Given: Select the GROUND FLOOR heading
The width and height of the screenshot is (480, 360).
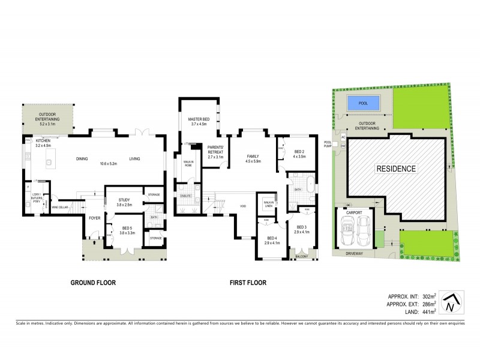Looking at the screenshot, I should click(93, 283).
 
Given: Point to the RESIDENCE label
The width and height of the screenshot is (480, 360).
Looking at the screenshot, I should click(396, 169).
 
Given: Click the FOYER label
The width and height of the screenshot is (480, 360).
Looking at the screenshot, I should click(94, 218).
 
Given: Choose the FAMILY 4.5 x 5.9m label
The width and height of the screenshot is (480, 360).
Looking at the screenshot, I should click(253, 158).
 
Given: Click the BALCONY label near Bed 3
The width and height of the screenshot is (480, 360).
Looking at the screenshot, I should click(301, 257).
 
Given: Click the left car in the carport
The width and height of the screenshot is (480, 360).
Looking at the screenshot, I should click(347, 230).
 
